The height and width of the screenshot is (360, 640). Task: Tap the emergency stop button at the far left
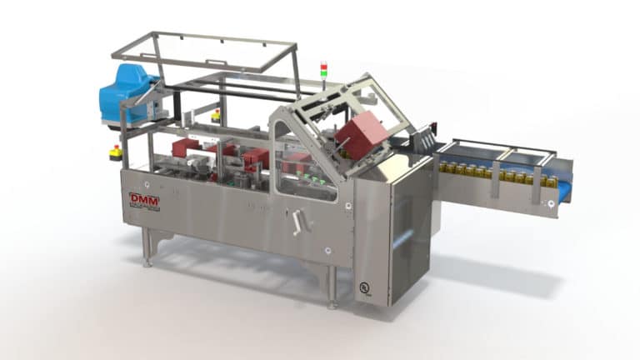[x=115, y=152]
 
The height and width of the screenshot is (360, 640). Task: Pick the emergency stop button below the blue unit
[x=216, y=117]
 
